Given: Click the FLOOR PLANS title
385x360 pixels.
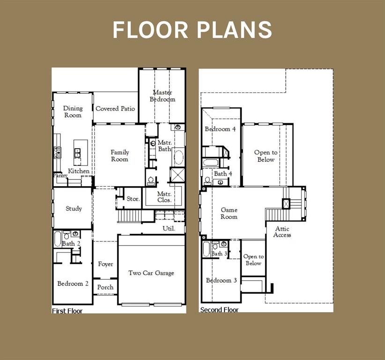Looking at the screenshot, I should click(192, 30).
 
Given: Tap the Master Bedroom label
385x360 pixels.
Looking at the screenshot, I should click(163, 96).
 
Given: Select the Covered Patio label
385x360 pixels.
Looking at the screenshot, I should click(115, 109).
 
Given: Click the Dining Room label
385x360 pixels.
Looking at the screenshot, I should click(73, 112).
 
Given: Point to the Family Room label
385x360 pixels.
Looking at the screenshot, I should click(119, 156).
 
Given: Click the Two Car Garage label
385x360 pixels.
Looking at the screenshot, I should click(151, 273).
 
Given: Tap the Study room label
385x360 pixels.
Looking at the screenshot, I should click(74, 209).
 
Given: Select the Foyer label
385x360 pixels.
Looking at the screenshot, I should click(105, 264).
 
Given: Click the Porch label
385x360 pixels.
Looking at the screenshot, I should click(105, 287).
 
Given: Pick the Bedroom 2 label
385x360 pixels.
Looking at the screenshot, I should click(73, 284).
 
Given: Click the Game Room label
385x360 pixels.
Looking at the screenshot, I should click(229, 213).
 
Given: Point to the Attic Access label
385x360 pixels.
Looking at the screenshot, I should click(282, 232).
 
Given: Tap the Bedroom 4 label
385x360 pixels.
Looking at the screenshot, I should click(220, 129).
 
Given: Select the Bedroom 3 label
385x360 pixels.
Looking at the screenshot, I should click(221, 280).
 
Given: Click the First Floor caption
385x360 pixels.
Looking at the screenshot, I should click(67, 311).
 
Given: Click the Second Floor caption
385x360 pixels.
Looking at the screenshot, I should click(219, 310).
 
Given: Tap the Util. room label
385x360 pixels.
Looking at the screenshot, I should click(169, 229).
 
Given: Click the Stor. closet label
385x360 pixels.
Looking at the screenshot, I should click(133, 199).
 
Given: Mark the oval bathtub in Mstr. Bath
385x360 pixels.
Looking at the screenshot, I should click(178, 157).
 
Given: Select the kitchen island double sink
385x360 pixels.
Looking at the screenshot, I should click(77, 152).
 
